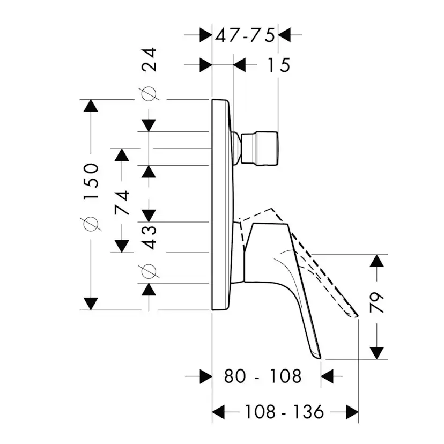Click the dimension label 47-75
pyautogui.click(x=245, y=35)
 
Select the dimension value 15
pyautogui.click(x=279, y=65)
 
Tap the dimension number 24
pyautogui.click(x=149, y=60)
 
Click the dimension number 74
pyautogui.click(x=122, y=203)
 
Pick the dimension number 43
pyautogui.click(x=149, y=238)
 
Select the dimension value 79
pyautogui.click(x=377, y=302)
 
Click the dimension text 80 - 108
pyautogui.click(x=263, y=376)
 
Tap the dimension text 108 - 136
pyautogui.click(x=284, y=412)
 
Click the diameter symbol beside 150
pyautogui.click(x=91, y=224)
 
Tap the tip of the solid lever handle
pyautogui.click(x=320, y=359)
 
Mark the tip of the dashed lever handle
pyautogui.click(x=357, y=316)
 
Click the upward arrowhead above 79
pyautogui.click(x=377, y=261)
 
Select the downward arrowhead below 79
pyautogui.click(x=377, y=353)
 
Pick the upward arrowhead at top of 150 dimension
pyautogui.click(x=91, y=106)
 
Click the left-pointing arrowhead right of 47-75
pyautogui.click(x=285, y=35)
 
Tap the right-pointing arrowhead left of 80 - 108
pyautogui.click(x=206, y=376)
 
